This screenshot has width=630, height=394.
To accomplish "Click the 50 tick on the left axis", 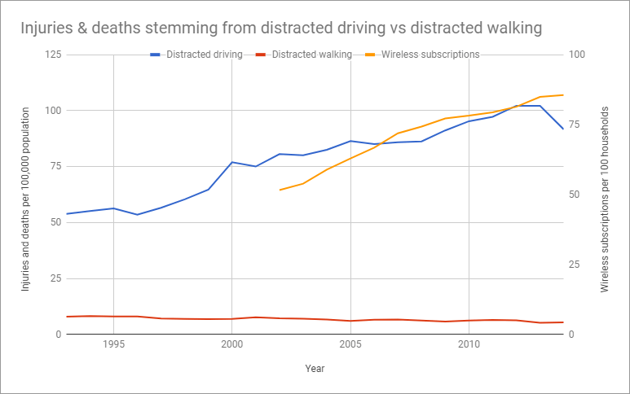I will click(55, 221).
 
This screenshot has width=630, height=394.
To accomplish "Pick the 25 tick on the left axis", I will click(55, 278).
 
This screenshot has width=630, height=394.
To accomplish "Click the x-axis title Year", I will click(315, 369).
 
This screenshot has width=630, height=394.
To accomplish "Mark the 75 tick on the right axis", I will click(578, 125).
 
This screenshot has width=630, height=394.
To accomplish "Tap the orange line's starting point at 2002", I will click(280, 190).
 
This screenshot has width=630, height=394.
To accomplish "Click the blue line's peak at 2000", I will click(232, 162).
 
